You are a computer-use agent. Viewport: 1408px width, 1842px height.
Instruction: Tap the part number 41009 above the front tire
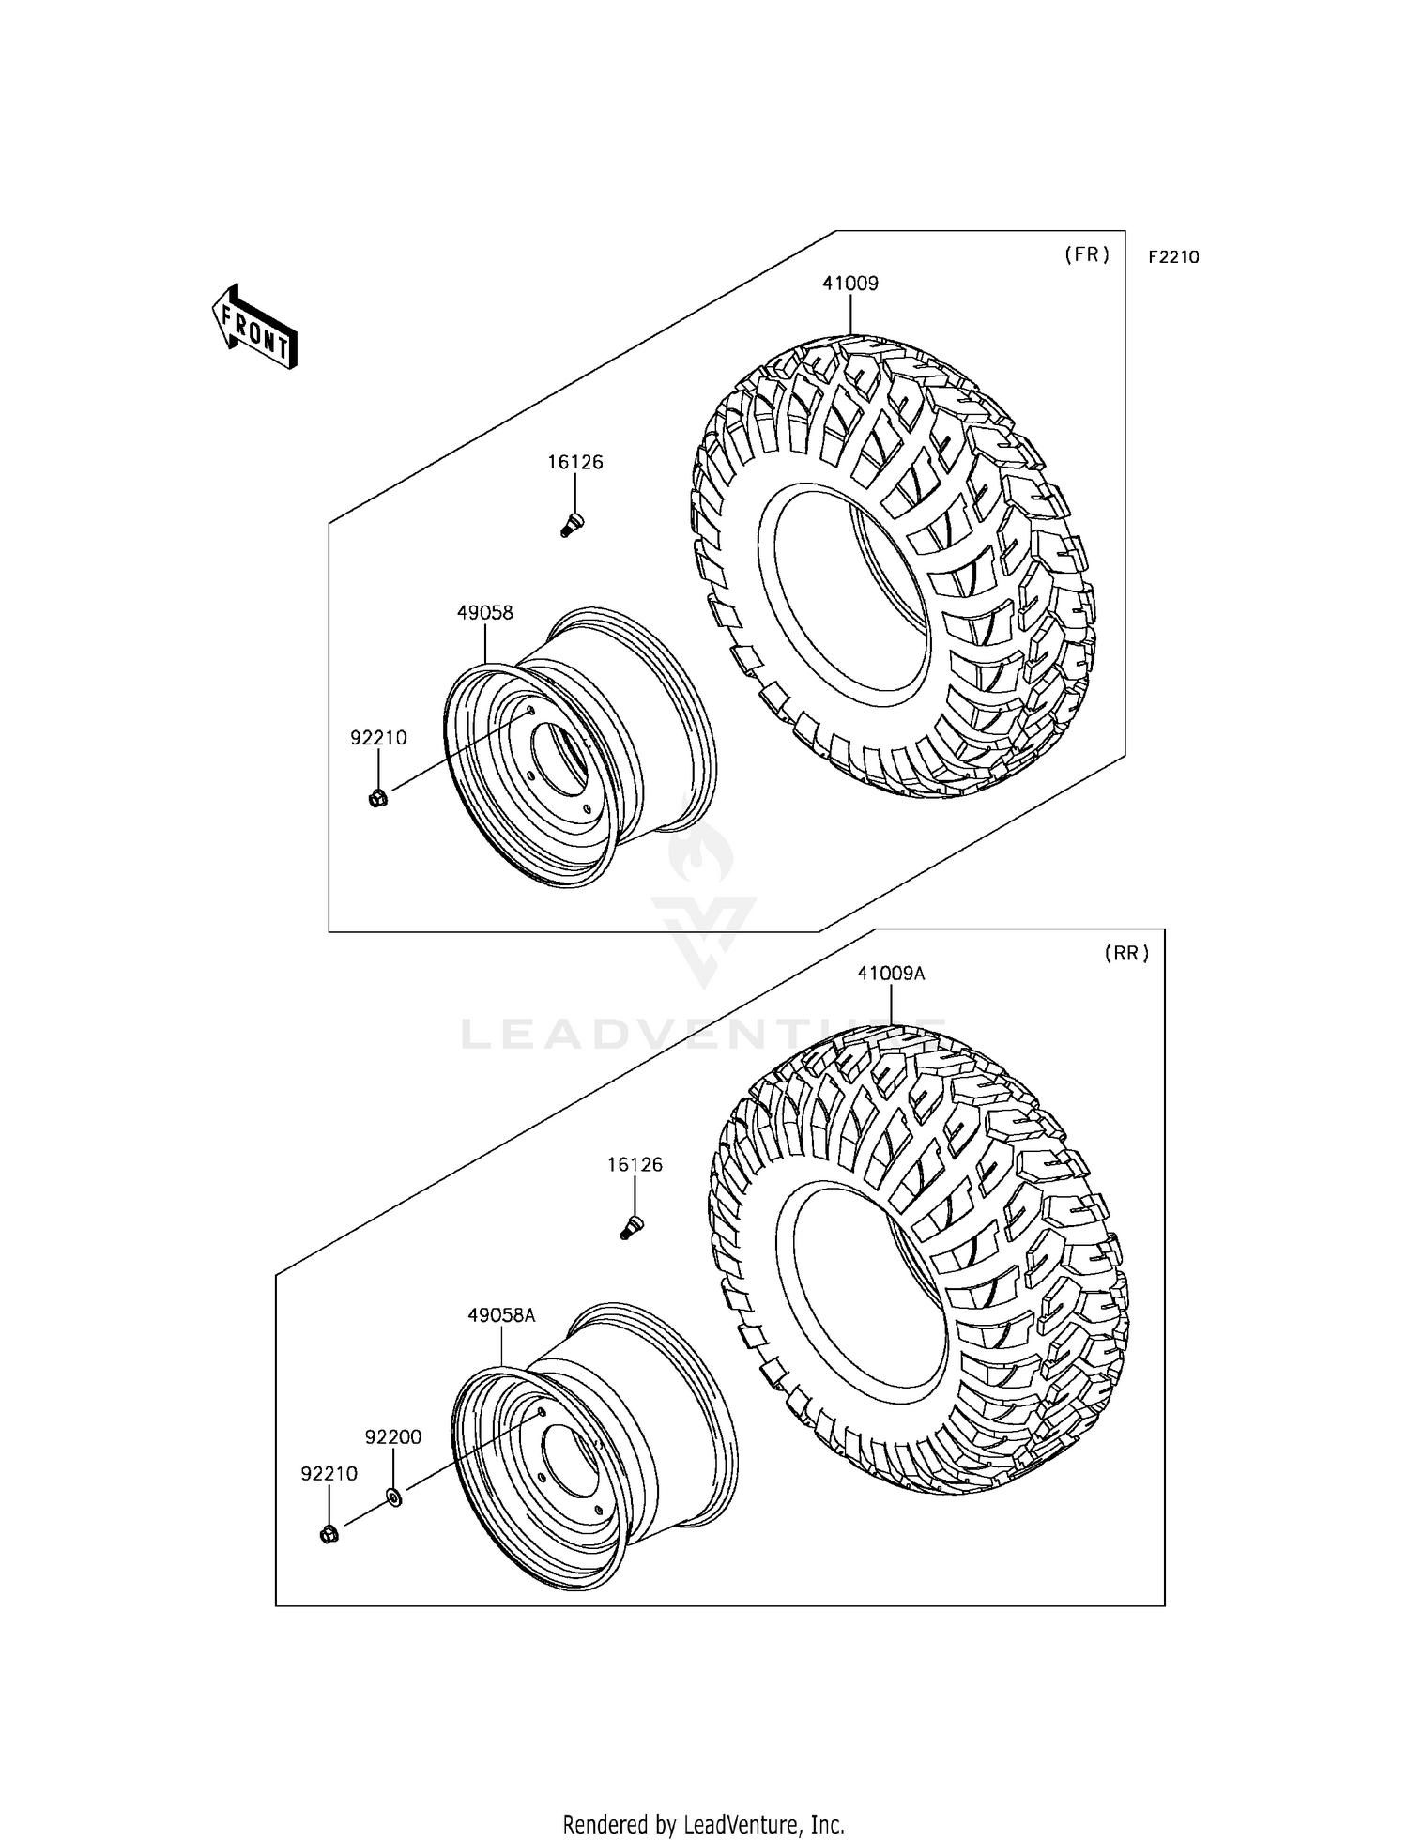(x=850, y=283)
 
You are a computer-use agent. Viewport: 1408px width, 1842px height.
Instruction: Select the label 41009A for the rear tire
(x=890, y=974)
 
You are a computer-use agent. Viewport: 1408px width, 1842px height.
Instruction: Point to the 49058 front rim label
(x=485, y=613)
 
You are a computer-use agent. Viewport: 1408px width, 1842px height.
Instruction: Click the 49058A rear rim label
(x=501, y=1315)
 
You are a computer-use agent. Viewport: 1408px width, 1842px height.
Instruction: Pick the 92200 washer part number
(x=393, y=1436)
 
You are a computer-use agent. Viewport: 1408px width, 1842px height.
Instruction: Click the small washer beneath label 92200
(x=394, y=1497)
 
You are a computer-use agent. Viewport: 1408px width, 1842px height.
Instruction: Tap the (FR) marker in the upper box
(x=1087, y=254)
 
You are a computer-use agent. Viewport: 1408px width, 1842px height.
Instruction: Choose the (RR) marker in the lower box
(x=1126, y=953)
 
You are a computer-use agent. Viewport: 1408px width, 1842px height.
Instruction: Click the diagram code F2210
(x=1173, y=257)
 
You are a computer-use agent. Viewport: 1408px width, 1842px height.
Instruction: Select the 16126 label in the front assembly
(x=575, y=462)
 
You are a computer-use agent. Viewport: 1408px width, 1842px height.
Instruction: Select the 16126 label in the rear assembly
(x=635, y=1164)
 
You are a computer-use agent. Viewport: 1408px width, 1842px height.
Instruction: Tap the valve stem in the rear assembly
(x=631, y=1226)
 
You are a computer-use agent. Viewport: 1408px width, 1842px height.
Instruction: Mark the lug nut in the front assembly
(x=378, y=799)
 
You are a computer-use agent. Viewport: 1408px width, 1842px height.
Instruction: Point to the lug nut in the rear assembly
(x=329, y=1535)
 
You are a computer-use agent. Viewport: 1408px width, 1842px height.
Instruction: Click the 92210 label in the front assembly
(x=378, y=738)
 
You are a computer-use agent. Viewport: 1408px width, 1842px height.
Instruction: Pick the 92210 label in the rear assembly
(x=329, y=1474)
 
